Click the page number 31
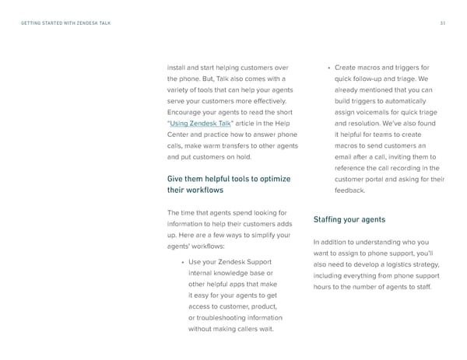coord(441,23)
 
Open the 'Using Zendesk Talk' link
coord(201,123)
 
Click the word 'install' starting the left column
coord(177,67)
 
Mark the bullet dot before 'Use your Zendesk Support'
coord(181,262)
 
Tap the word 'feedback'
coord(349,190)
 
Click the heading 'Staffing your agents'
coord(349,218)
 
